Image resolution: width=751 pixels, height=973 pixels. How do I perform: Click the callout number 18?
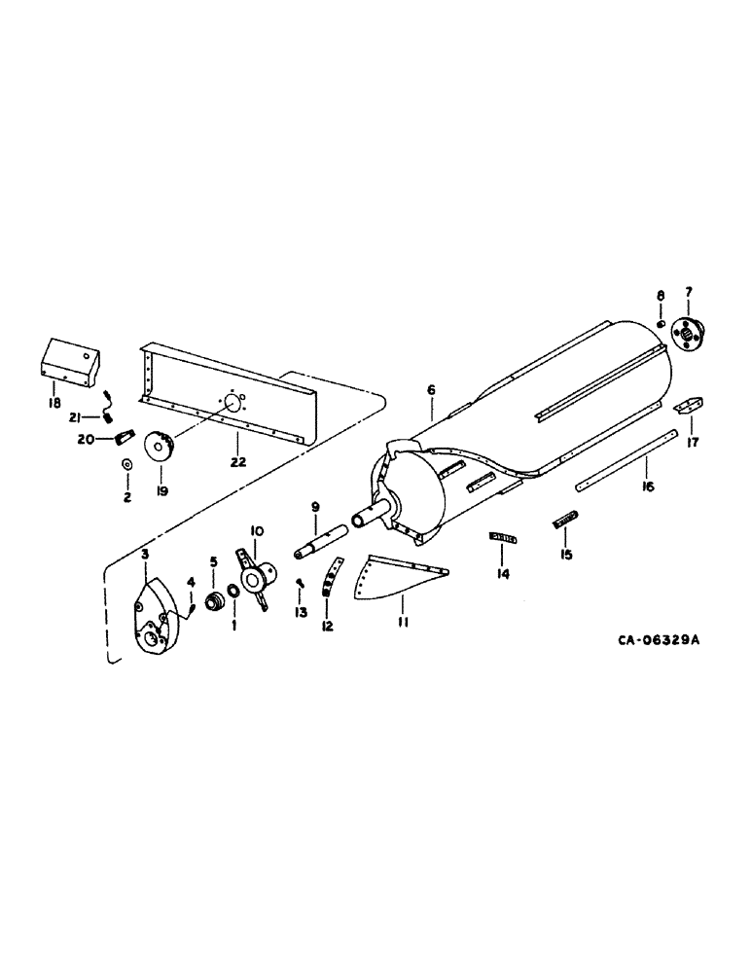(55, 401)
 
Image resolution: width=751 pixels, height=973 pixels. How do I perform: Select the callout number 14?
(502, 561)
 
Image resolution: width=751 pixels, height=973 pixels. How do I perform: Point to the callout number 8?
(660, 294)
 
